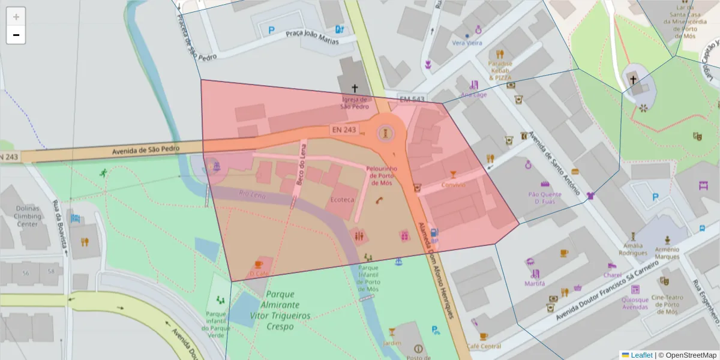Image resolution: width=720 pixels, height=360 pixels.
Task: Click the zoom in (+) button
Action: point(16,17)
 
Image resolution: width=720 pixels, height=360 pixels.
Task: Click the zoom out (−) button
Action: point(16,35)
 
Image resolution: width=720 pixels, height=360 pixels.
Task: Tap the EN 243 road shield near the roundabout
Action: point(344,130)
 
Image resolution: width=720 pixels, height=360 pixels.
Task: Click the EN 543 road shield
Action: point(412,99)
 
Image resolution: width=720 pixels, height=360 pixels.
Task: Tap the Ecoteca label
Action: point(343,199)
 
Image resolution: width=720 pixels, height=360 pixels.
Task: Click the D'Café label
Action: point(259,274)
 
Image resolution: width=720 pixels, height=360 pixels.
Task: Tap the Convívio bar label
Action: point(454,185)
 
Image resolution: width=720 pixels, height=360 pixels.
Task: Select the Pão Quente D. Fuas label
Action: point(544,198)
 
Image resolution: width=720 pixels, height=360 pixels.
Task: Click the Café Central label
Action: point(484,346)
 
